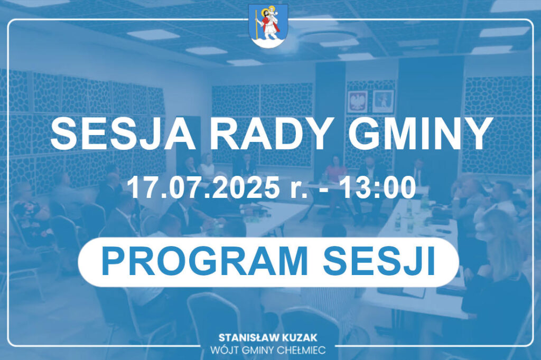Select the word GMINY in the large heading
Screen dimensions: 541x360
419,134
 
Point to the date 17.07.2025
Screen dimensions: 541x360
203,187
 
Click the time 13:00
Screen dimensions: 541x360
378,187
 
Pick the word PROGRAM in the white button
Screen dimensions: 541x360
204,261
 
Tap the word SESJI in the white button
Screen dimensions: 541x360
378,261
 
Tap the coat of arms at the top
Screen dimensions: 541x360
268,26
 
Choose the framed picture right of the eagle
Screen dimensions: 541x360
383,101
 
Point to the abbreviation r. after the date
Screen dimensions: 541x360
299,190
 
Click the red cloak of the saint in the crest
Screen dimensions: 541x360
268,25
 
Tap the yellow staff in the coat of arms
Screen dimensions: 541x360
256,24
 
